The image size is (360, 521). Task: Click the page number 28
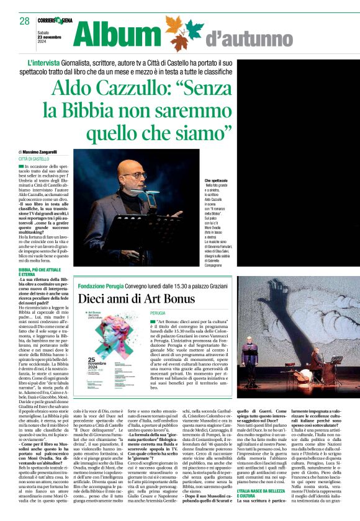[x=24, y=22]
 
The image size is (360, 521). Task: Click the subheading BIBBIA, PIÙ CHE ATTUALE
[x=42, y=272]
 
